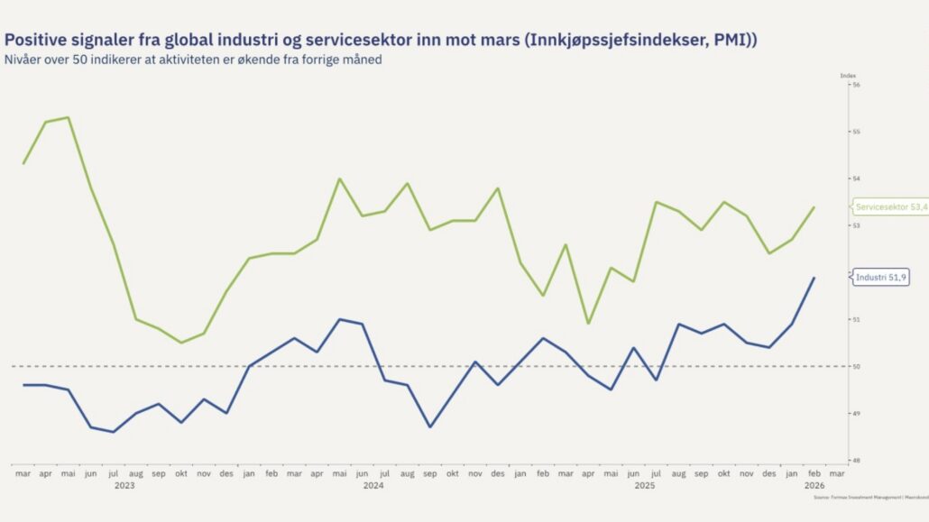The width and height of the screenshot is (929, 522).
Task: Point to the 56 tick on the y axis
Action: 856,85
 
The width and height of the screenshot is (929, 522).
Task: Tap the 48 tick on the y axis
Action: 856,460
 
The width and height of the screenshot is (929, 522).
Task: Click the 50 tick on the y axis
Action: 856,366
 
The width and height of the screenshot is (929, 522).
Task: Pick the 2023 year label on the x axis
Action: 124,485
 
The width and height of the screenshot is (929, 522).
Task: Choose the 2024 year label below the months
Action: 373,485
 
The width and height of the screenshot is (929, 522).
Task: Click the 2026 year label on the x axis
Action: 814,485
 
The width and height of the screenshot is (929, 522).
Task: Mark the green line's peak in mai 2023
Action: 69,117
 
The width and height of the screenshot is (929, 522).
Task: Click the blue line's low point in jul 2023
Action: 114,432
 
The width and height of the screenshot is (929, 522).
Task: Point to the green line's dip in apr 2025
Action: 588,324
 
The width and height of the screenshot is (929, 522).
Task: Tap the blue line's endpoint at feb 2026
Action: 814,278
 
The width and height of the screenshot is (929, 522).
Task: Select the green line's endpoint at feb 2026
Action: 814,207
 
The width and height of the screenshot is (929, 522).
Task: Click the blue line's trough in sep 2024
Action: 430,426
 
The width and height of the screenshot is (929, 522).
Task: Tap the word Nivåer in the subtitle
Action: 24,60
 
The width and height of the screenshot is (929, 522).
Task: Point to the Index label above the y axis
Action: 848,76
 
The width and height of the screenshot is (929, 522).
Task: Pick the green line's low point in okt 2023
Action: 181,343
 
